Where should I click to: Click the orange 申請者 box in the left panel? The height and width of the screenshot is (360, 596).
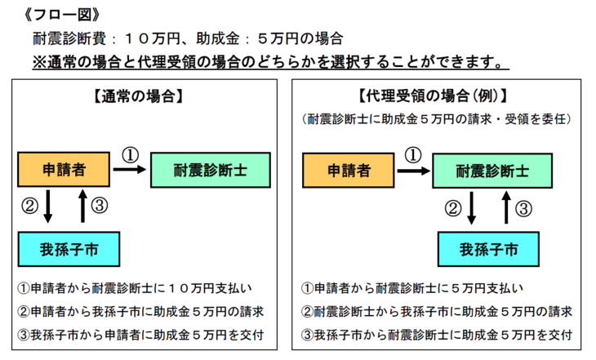[64, 170]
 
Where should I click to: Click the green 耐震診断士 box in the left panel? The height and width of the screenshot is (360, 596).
[211, 170]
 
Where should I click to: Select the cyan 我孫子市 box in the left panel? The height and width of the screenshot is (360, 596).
[69, 249]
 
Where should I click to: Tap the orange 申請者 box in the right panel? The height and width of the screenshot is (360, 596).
[348, 171]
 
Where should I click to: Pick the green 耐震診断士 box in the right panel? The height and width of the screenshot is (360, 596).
[492, 171]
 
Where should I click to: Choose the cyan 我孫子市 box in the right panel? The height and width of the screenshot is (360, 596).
[488, 249]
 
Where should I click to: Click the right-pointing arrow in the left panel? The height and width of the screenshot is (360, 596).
[130, 170]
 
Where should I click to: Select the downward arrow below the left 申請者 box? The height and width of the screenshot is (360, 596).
[48, 206]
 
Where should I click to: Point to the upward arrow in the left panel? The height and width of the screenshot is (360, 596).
[82, 206]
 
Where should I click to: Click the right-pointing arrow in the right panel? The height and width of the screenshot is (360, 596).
[414, 171]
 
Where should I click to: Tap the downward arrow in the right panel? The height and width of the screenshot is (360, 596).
[471, 208]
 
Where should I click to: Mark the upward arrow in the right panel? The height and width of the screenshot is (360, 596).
[506, 207]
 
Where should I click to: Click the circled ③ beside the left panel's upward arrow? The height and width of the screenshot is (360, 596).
[100, 206]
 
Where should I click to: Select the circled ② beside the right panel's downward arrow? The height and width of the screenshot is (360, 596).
[453, 209]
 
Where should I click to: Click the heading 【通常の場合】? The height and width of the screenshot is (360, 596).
[138, 96]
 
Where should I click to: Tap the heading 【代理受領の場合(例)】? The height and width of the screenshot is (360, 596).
[433, 96]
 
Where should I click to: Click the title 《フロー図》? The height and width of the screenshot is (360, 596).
[61, 15]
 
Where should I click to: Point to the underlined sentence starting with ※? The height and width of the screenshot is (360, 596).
[270, 61]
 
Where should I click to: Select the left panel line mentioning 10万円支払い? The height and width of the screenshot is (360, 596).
[135, 288]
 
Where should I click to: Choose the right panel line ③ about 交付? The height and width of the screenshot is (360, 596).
[437, 335]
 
